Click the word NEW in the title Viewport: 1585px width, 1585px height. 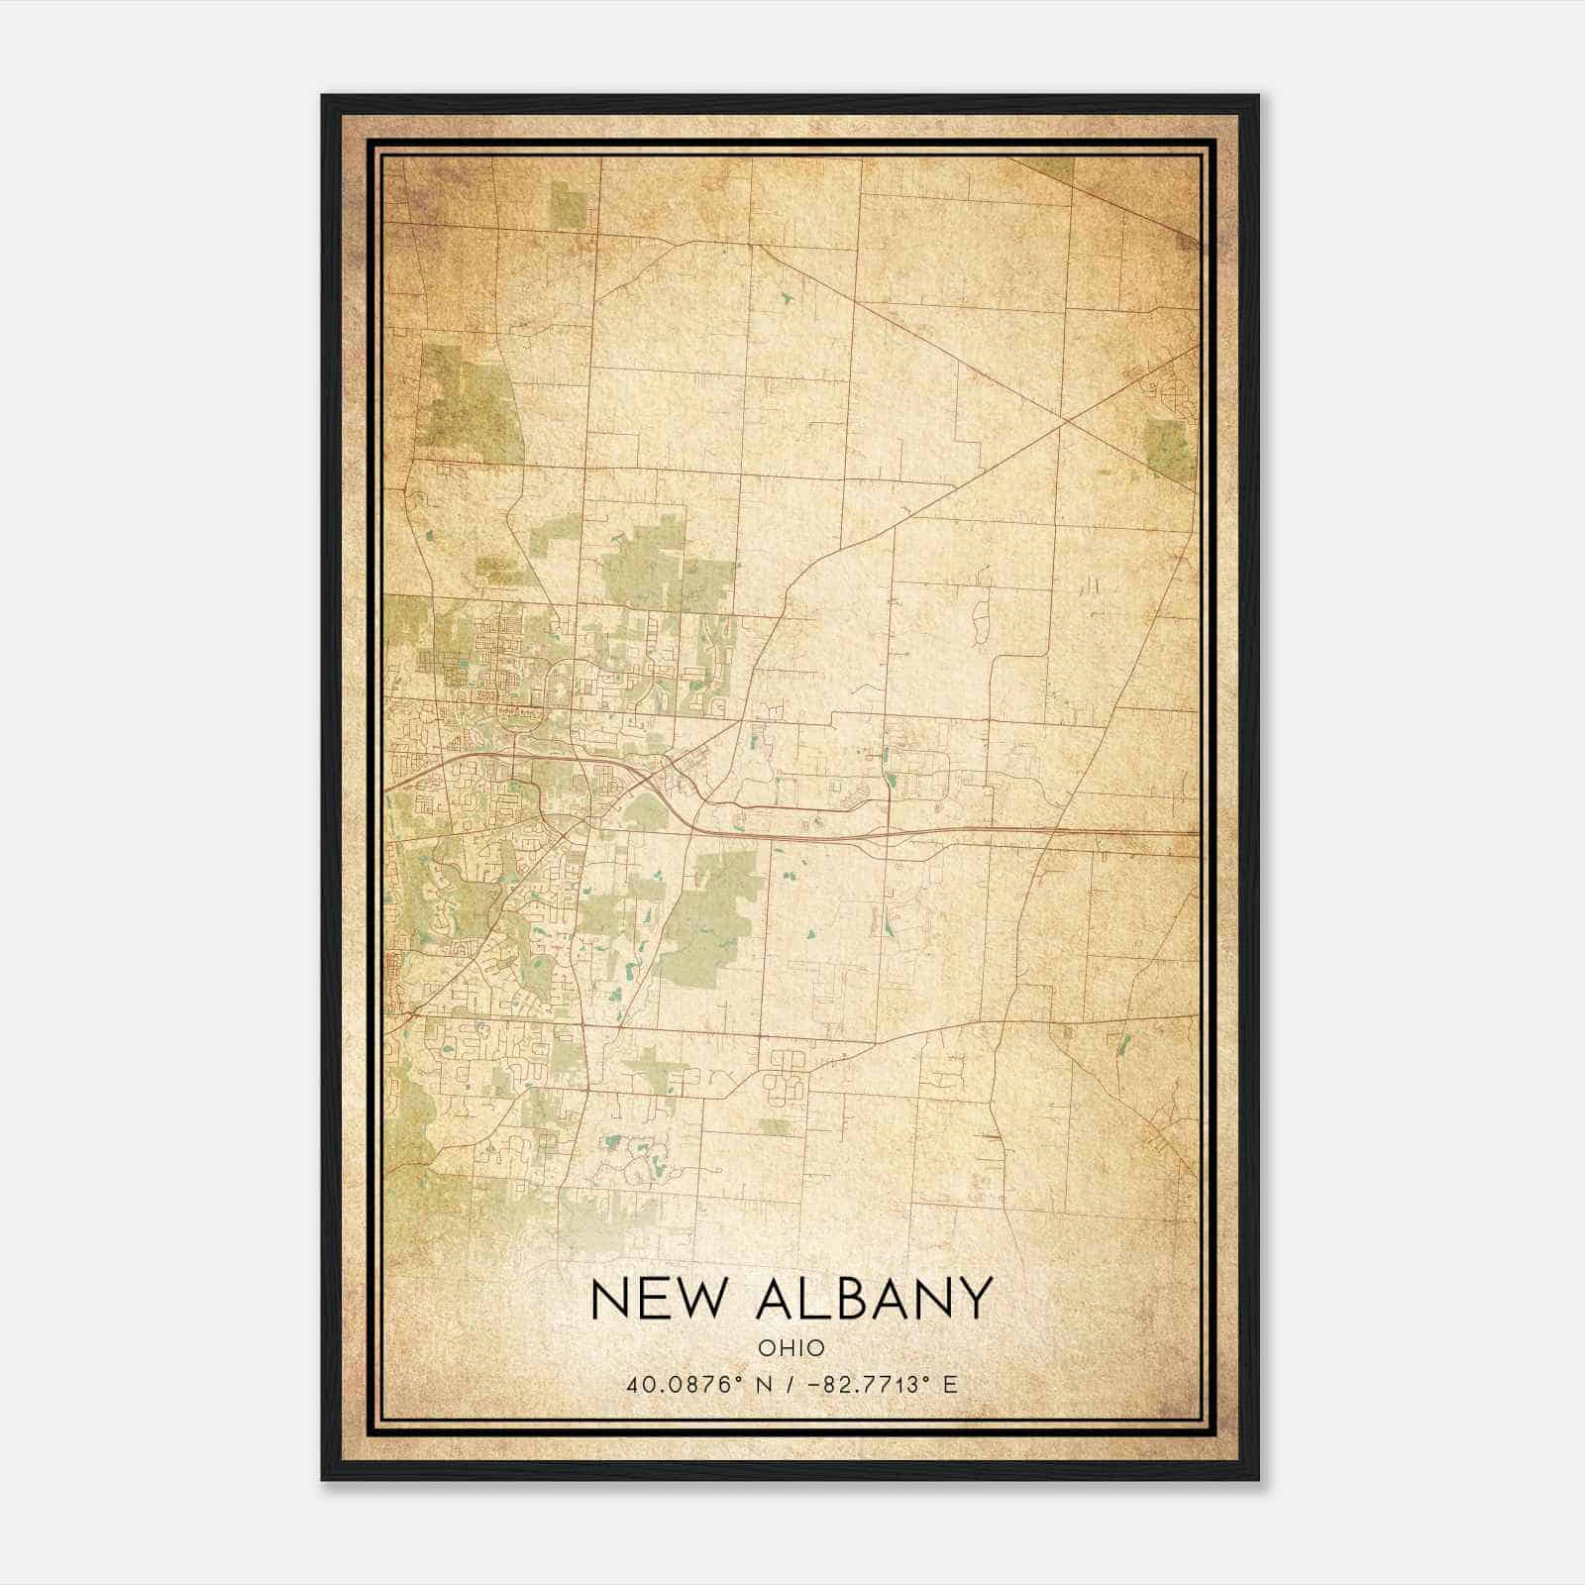pyautogui.click(x=656, y=1299)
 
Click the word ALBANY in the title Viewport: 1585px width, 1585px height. pyautogui.click(x=873, y=1299)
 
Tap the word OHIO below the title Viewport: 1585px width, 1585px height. pyautogui.click(x=791, y=1348)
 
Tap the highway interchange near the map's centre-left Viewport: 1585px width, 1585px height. pyautogui.click(x=649, y=783)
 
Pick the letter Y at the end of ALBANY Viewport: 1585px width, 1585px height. pyautogui.click(x=975, y=1299)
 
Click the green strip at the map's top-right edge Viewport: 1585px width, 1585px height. pyautogui.click(x=1053, y=168)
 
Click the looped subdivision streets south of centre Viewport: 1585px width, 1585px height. pyautogui.click(x=786, y=1075)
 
